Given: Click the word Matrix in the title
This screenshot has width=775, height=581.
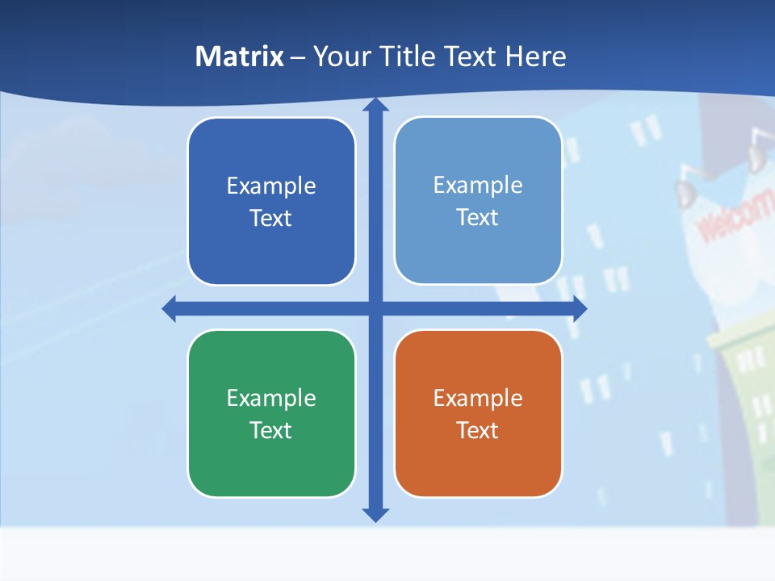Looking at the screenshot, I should coord(240,56).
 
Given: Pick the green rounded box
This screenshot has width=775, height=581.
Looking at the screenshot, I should coord(271,468).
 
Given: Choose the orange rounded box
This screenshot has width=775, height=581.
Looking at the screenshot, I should coord(478,468).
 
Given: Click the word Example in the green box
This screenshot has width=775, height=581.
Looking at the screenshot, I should coord(271,398).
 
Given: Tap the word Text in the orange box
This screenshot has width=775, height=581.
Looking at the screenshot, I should coord(478,430).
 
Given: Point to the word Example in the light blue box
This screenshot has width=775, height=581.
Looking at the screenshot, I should coord(478,185).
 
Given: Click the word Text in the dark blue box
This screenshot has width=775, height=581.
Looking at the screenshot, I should coord(271,218).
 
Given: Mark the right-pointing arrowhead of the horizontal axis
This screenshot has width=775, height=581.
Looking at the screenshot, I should coord(580,308).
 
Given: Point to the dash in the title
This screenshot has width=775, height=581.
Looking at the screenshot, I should coord(298,57).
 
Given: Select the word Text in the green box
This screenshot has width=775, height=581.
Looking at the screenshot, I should coord(271,430).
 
